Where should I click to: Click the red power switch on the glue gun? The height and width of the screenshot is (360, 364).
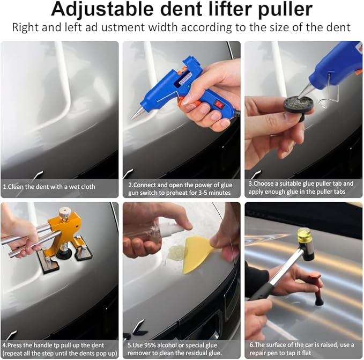pyautogui.click(x=218, y=105)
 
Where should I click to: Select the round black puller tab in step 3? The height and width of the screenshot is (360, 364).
pyautogui.click(x=298, y=104)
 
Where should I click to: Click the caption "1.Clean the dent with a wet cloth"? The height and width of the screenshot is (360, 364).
pyautogui.click(x=49, y=187)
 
